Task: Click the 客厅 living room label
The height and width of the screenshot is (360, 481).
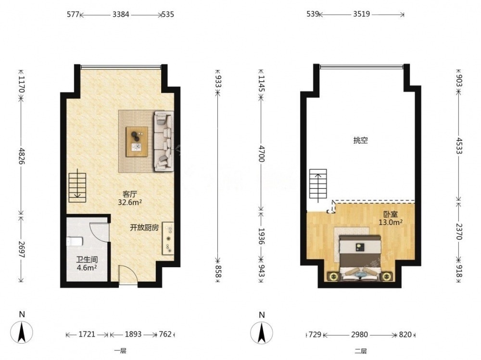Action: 129,194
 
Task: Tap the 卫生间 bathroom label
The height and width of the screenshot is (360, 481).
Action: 87,260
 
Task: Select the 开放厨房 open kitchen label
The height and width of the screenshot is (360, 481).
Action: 144,228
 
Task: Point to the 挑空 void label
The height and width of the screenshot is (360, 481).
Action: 360,140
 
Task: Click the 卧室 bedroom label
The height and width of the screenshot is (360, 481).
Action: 390,214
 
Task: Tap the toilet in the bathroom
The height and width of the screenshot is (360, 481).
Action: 75,241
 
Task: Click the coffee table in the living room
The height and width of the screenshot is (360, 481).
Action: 137,142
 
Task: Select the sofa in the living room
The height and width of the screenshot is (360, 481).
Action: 164,141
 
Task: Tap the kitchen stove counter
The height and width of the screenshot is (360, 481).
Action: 168,238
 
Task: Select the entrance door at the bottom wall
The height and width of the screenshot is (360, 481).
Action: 128,275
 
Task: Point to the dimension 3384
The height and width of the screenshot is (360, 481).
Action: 121,14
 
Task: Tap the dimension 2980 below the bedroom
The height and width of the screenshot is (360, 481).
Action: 359,334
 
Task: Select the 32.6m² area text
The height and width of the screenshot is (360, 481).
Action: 130,202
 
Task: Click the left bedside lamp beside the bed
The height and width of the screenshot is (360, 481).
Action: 333,276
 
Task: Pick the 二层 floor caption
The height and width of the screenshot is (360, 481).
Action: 360,351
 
